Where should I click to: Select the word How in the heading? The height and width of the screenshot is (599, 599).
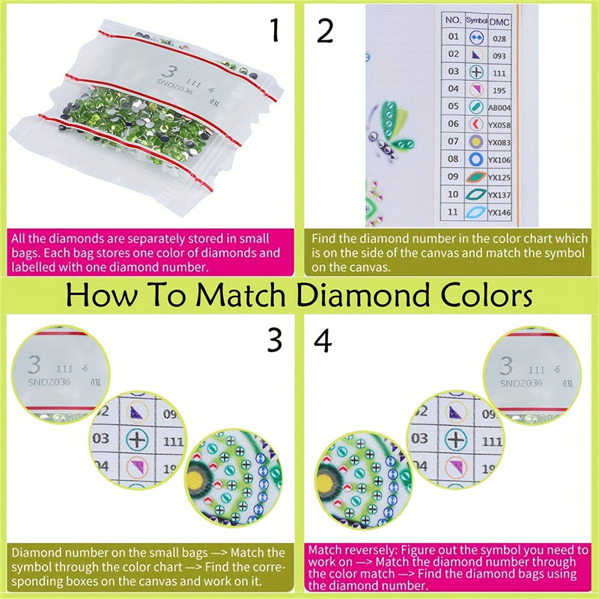[101, 295]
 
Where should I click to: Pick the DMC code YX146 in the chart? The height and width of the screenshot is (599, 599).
[498, 213]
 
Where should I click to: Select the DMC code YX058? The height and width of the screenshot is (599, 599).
[498, 124]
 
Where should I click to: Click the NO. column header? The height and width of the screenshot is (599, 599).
[452, 19]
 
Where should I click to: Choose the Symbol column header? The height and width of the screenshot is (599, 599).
[475, 19]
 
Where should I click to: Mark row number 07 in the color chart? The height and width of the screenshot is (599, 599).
[452, 142]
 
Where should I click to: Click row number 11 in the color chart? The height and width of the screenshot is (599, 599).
[452, 213]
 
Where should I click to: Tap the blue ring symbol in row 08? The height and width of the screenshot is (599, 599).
[475, 159]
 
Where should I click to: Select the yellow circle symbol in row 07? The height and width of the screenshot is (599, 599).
[475, 142]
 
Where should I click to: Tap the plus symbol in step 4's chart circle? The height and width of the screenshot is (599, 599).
[451, 438]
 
